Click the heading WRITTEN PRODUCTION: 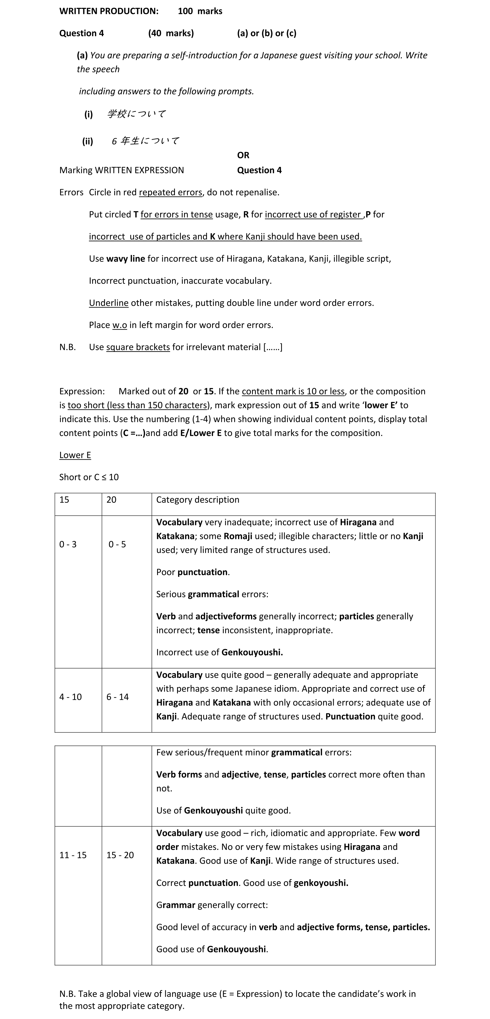(x=109, y=11)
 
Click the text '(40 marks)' (x=171, y=33)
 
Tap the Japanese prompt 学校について (x=136, y=114)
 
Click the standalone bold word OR (x=243, y=155)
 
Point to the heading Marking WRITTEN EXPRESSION (x=121, y=170)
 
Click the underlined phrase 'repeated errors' (x=170, y=193)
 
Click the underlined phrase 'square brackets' (x=138, y=347)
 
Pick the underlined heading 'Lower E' (x=75, y=455)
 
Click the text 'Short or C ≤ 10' (x=89, y=477)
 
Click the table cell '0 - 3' (x=68, y=544)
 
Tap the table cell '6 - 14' (x=118, y=697)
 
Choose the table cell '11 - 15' (x=73, y=855)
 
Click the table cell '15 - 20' (x=120, y=855)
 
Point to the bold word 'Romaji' (x=238, y=536)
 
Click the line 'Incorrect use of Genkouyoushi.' (x=219, y=652)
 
